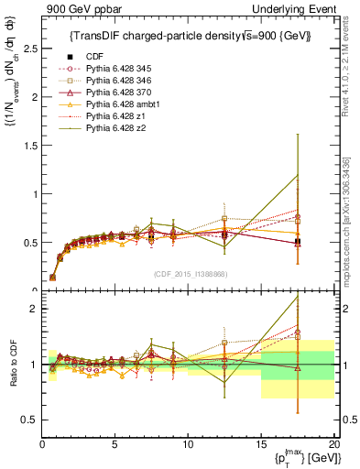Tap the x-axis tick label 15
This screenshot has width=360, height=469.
(261, 444)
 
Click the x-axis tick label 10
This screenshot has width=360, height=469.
(188, 444)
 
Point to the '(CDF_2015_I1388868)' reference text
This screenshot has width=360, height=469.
(189, 273)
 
